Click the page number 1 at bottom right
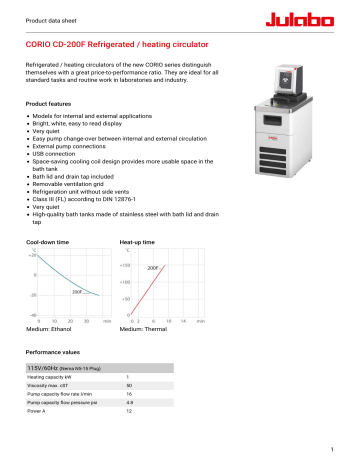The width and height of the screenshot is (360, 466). click(x=343, y=450)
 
